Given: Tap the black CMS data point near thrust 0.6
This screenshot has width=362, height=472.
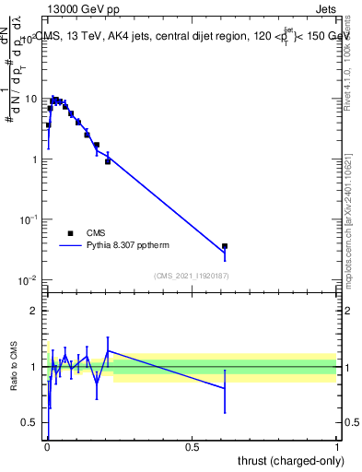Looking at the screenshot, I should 225,246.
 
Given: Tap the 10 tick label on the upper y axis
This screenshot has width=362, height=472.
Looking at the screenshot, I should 31,99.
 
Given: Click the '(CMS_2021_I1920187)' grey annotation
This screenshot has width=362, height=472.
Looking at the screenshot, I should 192,275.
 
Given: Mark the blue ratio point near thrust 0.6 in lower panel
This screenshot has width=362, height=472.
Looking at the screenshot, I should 225,388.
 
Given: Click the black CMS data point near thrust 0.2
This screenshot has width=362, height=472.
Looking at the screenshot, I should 108,161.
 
